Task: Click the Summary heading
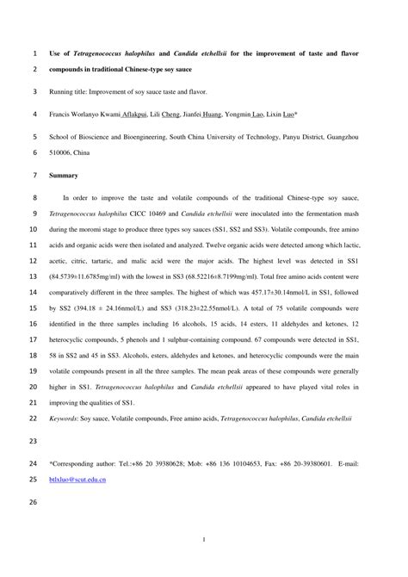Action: tap(64, 175)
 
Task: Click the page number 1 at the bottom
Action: tap(203, 540)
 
